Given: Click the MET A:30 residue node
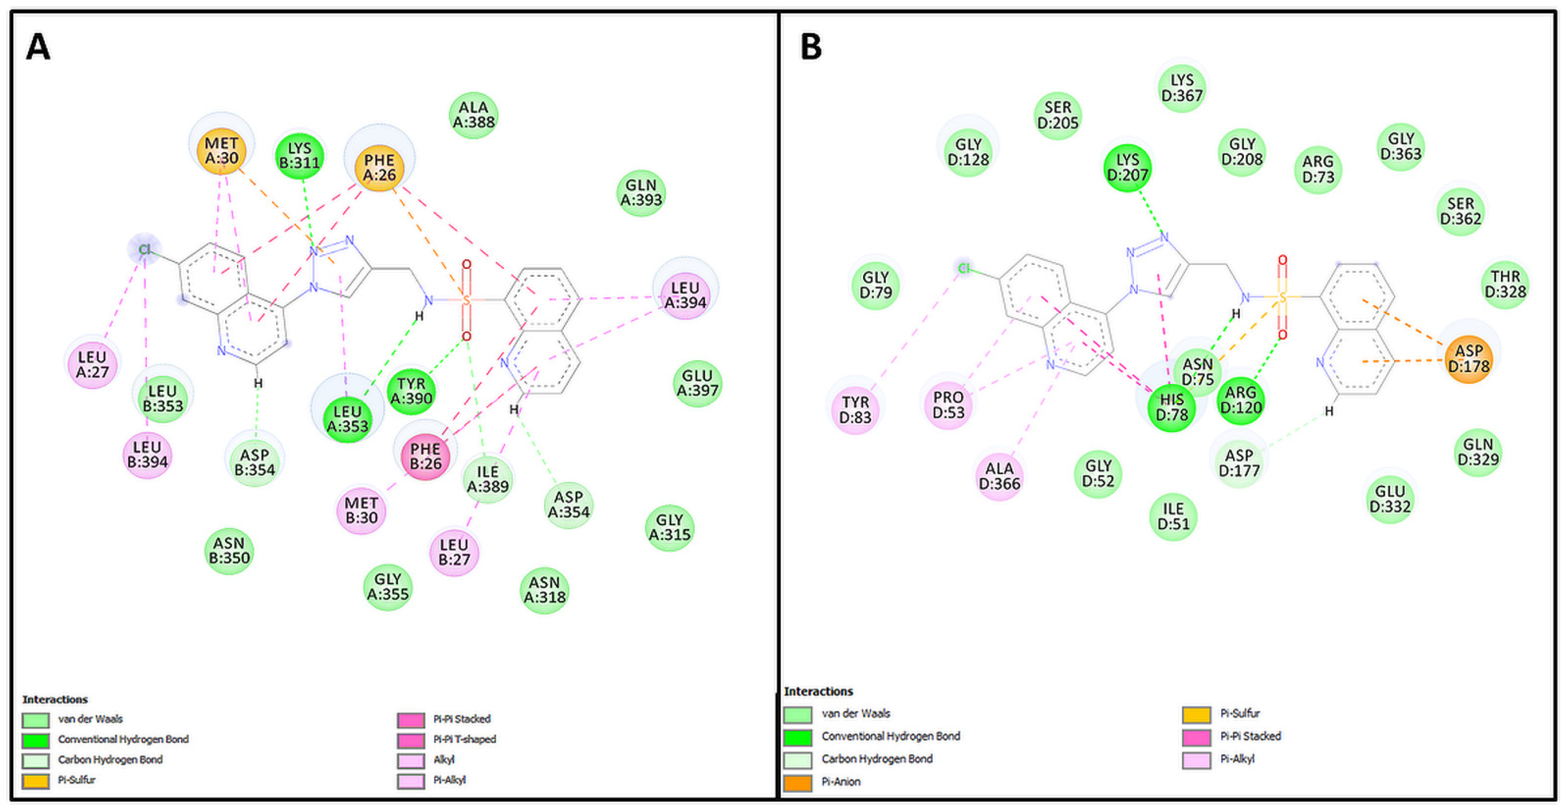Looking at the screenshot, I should [222, 151].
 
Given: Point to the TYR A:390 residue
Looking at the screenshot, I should [411, 391].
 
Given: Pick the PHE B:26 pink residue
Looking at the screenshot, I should [425, 456].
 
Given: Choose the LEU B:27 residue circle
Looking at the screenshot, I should [454, 552].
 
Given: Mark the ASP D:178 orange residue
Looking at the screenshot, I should [1468, 359].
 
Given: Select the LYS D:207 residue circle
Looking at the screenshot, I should [1127, 167].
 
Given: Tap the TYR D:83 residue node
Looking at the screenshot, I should [855, 410].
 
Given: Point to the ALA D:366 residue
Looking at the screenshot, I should [999, 476].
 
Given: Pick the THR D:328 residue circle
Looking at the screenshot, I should [1505, 284].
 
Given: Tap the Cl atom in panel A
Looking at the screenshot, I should [144, 249].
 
